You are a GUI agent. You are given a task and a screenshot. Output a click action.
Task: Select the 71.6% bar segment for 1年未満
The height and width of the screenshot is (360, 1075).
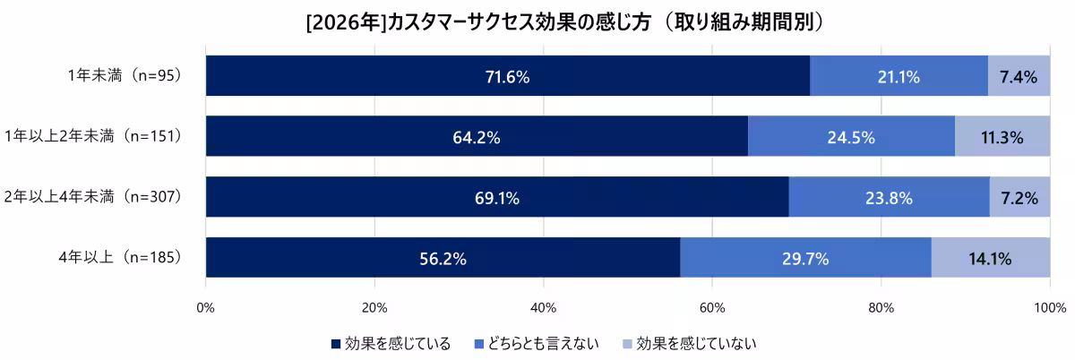507,77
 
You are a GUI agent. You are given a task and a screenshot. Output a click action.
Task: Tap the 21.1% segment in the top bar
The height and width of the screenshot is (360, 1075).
899,77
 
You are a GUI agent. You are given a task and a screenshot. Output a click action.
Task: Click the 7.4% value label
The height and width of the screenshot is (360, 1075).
1019,77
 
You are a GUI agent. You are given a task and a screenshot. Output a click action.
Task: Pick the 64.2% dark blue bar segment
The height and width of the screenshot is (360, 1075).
477,137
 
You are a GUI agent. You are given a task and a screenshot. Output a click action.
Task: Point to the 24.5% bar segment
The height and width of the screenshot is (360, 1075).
851,137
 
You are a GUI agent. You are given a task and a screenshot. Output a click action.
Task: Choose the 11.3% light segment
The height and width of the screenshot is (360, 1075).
1002,137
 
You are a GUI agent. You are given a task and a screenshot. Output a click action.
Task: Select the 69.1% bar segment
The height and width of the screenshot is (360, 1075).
497,198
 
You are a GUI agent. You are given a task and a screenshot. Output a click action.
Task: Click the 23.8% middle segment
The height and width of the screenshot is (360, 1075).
889,198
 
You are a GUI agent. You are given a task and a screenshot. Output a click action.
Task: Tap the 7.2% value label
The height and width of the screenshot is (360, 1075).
1019,198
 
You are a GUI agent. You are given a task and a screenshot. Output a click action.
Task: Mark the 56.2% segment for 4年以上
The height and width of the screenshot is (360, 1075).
443,259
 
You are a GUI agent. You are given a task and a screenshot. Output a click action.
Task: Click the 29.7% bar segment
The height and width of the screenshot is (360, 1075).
805,259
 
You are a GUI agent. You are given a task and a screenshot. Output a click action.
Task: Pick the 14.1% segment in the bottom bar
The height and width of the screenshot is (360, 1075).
990,259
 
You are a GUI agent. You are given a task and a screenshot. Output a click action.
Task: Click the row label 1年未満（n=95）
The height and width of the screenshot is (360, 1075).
125,76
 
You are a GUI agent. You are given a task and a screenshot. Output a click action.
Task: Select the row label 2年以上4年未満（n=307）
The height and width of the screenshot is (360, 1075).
93,197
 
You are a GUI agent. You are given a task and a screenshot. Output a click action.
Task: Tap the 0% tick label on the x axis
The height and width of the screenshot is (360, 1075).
206,309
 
